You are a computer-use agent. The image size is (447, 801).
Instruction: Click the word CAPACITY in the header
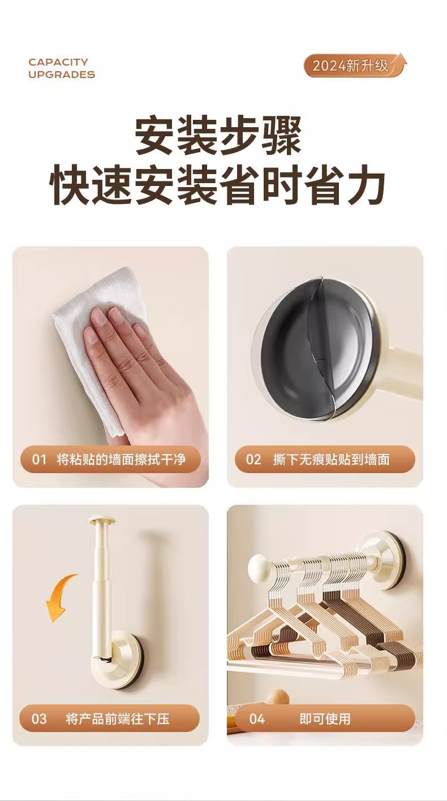(58, 62)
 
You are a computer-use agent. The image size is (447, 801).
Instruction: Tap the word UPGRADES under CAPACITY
(62, 75)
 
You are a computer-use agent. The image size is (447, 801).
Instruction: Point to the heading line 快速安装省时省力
(218, 185)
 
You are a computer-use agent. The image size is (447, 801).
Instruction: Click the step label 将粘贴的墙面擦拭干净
(121, 459)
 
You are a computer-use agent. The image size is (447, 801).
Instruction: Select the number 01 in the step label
(39, 460)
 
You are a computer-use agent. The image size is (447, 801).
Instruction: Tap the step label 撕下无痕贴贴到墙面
(331, 459)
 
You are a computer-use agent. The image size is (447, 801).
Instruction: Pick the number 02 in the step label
(253, 460)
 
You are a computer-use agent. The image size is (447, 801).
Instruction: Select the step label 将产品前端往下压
(117, 719)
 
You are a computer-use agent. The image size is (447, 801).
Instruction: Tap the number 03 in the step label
(39, 719)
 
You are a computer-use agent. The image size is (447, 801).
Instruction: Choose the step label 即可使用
(325, 719)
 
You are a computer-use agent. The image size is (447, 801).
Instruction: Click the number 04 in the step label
(257, 719)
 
